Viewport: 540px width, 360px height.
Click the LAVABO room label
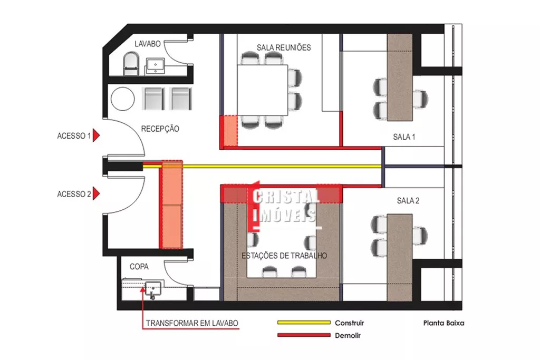coord(148,44)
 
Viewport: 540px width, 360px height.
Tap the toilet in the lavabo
coord(131,64)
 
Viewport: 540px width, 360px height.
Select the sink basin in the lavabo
coord(156,65)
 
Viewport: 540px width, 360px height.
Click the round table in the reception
coord(122,99)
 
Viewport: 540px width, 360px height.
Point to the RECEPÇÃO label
coord(160,129)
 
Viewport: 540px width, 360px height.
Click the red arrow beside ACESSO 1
coord(96,135)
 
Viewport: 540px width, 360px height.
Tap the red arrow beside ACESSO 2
coord(96,193)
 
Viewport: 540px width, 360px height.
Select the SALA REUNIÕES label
coord(284,47)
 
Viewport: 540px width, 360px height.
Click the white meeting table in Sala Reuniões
coord(263,90)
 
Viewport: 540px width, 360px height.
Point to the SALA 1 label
coord(404,137)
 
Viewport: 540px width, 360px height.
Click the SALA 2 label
coord(408,201)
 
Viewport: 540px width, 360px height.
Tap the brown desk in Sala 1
coord(400,77)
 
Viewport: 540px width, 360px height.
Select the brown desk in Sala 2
coord(400,257)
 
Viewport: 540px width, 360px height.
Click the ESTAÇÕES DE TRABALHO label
coord(284,256)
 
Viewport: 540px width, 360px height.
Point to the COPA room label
coord(139,267)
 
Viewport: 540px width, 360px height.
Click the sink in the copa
coord(153,289)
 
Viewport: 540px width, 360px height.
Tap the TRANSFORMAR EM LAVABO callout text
coord(192,323)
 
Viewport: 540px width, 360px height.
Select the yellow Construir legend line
coord(304,323)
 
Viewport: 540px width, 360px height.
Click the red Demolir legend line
coord(304,335)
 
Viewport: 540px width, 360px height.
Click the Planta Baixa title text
coord(443,323)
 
